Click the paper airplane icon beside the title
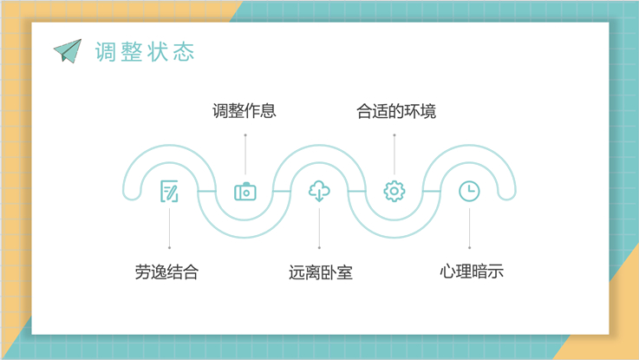click(x=68, y=51)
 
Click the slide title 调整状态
click(x=145, y=52)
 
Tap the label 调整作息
click(x=245, y=111)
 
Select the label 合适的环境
click(x=396, y=111)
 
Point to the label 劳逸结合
click(x=167, y=272)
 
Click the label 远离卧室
click(x=321, y=272)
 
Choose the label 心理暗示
click(x=472, y=272)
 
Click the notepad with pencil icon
click(x=169, y=191)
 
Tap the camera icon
click(x=245, y=192)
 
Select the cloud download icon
click(x=319, y=191)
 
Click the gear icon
click(x=394, y=191)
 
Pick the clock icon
click(x=469, y=191)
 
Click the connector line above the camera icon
click(x=245, y=155)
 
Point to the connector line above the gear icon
click(x=394, y=155)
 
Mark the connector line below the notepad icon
click(x=170, y=228)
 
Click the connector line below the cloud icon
click(x=319, y=228)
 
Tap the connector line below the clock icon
click(x=469, y=228)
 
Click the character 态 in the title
click(x=184, y=52)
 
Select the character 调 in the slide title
click(x=106, y=52)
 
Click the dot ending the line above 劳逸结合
click(x=170, y=247)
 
